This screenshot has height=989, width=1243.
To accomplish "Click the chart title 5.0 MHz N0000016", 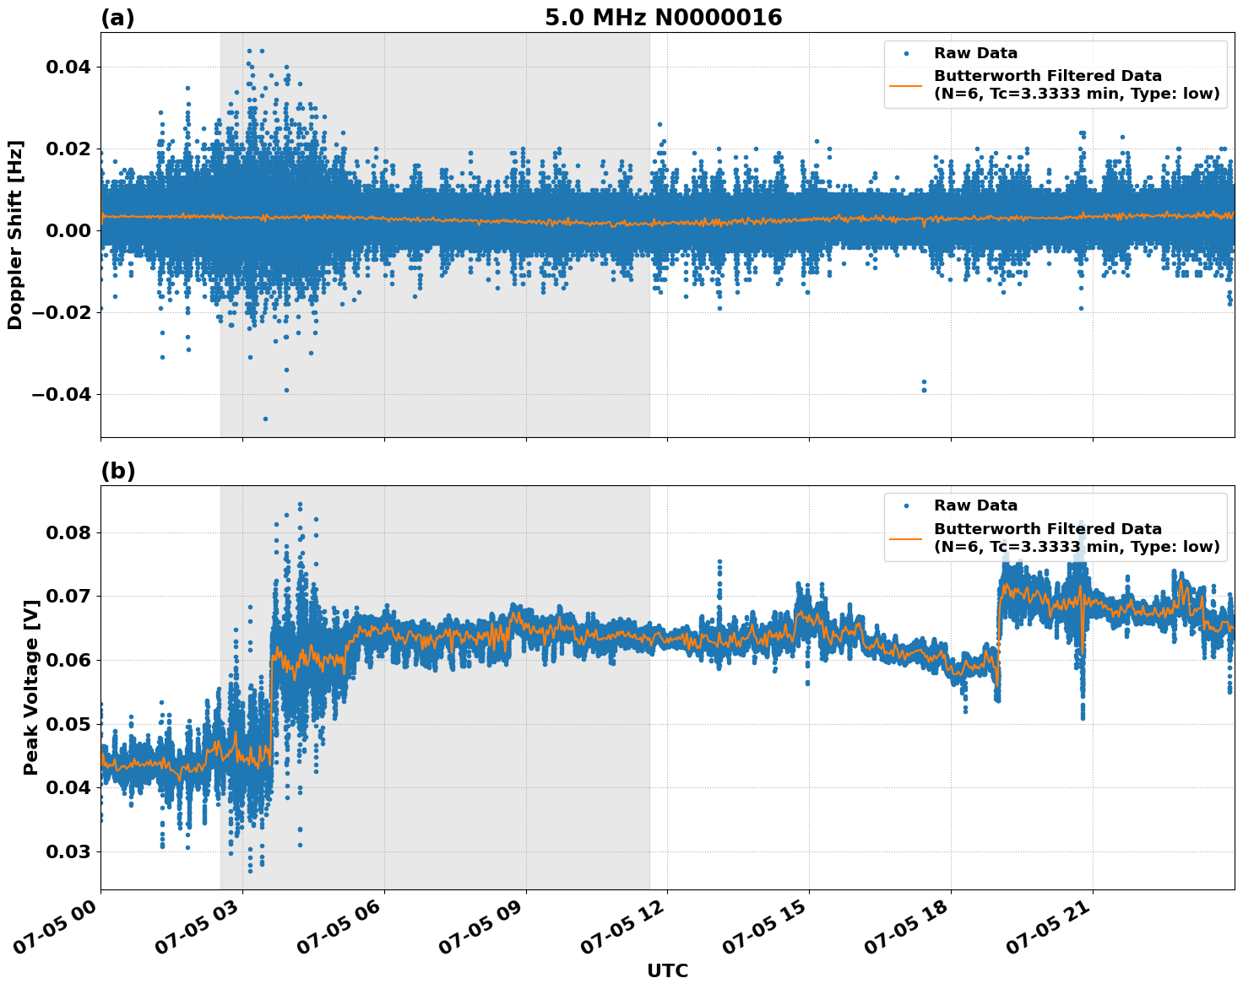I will tap(663, 18).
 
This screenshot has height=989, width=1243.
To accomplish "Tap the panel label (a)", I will tap(117, 18).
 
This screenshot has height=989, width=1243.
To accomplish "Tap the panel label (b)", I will tap(117, 471).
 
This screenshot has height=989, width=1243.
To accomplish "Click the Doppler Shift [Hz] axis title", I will tap(15, 235).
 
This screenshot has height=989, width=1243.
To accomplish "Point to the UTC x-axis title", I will tap(667, 970).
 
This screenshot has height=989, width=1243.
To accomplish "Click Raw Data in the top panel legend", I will tap(975, 53).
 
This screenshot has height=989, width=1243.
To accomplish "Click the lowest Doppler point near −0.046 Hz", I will tap(265, 419).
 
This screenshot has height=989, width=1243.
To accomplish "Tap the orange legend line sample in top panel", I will tap(906, 84).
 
